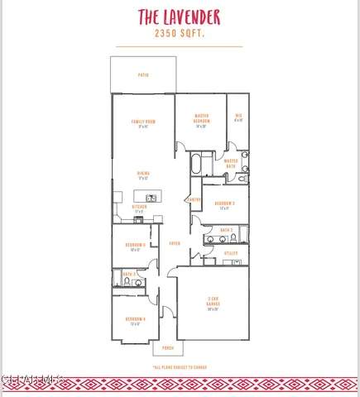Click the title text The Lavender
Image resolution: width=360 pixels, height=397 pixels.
pyautogui.click(x=180, y=16)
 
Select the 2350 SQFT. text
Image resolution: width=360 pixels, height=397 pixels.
pyautogui.click(x=180, y=34)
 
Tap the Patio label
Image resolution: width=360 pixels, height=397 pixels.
pyautogui.click(x=143, y=74)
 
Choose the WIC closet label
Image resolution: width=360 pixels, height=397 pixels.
pyautogui.click(x=238, y=117)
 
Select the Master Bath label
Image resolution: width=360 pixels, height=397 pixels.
pyautogui.click(x=231, y=163)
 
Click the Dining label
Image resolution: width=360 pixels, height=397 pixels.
pyautogui.click(x=143, y=175)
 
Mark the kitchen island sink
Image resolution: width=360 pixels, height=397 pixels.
pyautogui.click(x=151, y=198)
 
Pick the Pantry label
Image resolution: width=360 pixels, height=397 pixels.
pyautogui.click(x=194, y=199)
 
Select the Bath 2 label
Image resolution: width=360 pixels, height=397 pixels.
pyautogui.click(x=226, y=230)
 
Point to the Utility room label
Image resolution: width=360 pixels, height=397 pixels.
pyautogui.click(x=231, y=252)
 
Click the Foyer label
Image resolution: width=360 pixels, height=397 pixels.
pyautogui.click(x=175, y=243)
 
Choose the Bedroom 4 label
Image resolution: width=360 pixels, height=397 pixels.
pyautogui.click(x=135, y=320)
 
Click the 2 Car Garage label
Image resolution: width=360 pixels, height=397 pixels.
pyautogui.click(x=212, y=303)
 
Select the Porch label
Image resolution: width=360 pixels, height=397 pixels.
pyautogui.click(x=168, y=349)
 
